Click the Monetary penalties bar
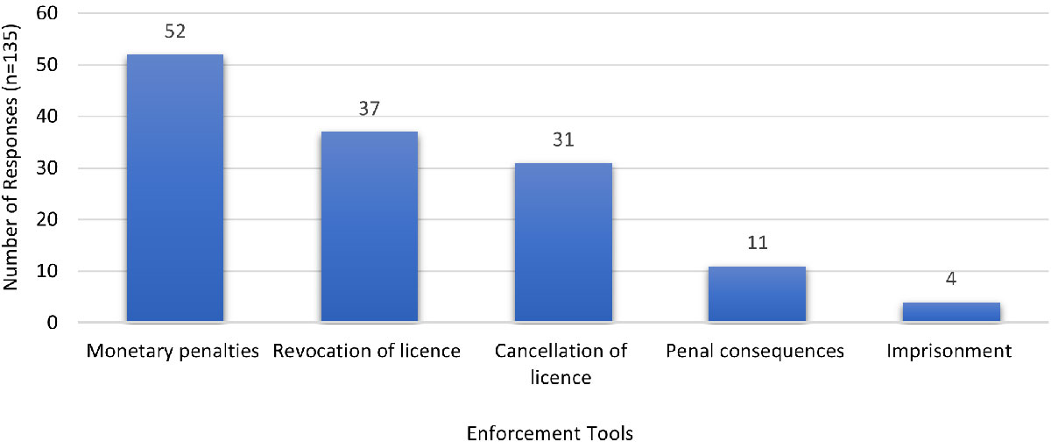pyautogui.click(x=174, y=189)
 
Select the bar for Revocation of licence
pyautogui.click(x=369, y=227)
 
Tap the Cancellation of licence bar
pyautogui.click(x=562, y=243)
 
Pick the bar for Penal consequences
pyautogui.click(x=757, y=295)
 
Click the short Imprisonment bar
pyautogui.click(x=951, y=312)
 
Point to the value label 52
pyautogui.click(x=175, y=31)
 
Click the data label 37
pyautogui.click(x=369, y=108)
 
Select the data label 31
pyautogui.click(x=563, y=139)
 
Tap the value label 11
pyautogui.click(x=757, y=242)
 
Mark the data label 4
pyautogui.click(x=951, y=278)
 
